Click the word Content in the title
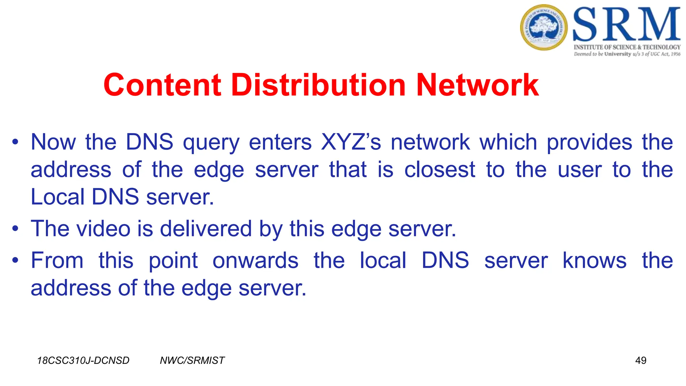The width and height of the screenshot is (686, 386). tap(162, 85)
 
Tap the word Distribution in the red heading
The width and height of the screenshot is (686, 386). tap(319, 85)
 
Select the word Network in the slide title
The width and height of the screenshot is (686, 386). tap(477, 85)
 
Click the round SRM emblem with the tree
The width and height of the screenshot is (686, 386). tap(544, 27)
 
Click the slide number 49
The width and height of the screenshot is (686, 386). tap(640, 361)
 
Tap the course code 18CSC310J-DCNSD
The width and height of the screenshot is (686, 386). tap(83, 361)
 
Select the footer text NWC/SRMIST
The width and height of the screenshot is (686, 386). tap(192, 361)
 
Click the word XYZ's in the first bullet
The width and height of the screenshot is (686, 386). tap(351, 142)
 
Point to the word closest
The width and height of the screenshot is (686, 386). tap(439, 170)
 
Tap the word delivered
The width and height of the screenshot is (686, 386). tap(206, 229)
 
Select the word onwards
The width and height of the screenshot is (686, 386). tap(255, 261)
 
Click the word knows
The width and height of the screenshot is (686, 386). tap(594, 261)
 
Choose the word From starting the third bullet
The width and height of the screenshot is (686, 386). tap(57, 261)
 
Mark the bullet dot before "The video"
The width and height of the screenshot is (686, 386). tap(15, 229)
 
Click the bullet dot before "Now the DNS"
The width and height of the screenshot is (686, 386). tap(15, 142)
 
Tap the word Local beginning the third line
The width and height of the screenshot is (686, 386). tap(57, 197)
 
